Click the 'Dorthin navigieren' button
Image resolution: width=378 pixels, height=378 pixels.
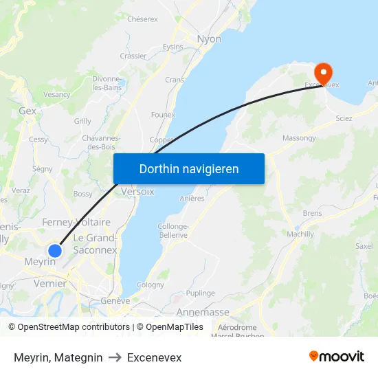coord(189,168)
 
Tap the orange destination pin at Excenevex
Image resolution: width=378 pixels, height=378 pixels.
coord(323,73)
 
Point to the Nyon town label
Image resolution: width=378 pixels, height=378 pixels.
coord(209,39)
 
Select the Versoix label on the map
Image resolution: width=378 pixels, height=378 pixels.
coord(137,192)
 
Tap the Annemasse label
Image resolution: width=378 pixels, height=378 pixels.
coord(203,312)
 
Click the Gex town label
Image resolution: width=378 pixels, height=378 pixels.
coord(27,111)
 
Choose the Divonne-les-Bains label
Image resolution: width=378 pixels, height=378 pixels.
coord(107,83)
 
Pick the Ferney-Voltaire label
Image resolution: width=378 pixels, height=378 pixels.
coord(76,222)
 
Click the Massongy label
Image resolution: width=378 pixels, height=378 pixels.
coord(299,138)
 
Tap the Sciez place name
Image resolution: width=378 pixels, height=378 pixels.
coord(344,118)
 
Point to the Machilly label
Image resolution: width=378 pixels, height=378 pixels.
coord(301,234)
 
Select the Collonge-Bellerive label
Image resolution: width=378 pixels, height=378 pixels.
coord(173,231)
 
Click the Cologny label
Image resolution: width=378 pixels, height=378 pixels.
coord(151,285)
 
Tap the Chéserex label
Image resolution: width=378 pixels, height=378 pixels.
coord(142,19)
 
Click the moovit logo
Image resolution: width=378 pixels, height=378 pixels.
coord(337,356)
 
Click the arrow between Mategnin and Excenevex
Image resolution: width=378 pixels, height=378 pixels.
coord(115,357)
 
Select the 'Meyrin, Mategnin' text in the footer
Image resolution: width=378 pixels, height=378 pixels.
coord(58,357)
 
